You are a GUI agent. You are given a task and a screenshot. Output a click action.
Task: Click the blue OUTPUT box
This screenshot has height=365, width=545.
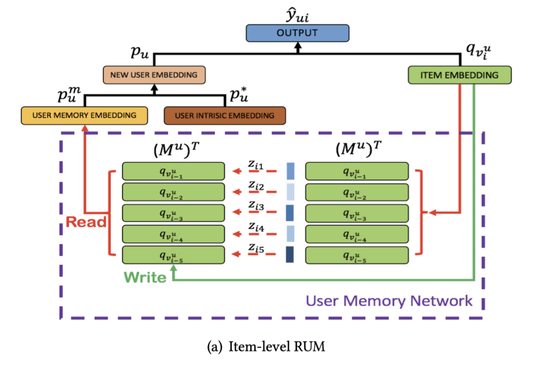[297, 33]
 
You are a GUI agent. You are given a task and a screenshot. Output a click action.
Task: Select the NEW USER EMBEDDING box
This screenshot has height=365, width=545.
[154, 75]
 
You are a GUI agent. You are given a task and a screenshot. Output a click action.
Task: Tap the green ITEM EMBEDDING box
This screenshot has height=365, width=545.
[459, 75]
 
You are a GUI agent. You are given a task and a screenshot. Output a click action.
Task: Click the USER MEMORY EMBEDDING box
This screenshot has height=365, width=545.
[84, 115]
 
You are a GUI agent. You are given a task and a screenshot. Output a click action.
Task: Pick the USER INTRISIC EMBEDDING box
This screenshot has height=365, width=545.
[225, 116]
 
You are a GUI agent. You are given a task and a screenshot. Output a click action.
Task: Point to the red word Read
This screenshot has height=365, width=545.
[86, 222]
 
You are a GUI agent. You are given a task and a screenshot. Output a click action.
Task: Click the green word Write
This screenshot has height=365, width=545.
[145, 277]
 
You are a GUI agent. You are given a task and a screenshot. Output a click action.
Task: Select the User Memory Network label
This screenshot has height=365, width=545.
[389, 301]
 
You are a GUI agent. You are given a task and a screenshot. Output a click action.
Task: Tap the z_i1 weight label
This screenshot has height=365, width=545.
[256, 165]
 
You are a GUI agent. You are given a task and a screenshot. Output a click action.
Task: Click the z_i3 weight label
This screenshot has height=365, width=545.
[256, 206]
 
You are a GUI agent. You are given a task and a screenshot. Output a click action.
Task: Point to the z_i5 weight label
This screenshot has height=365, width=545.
[256, 247]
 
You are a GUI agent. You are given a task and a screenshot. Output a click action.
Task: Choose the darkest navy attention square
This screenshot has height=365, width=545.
[290, 254]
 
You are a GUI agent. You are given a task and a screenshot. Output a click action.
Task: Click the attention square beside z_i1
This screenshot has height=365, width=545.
[290, 172]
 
